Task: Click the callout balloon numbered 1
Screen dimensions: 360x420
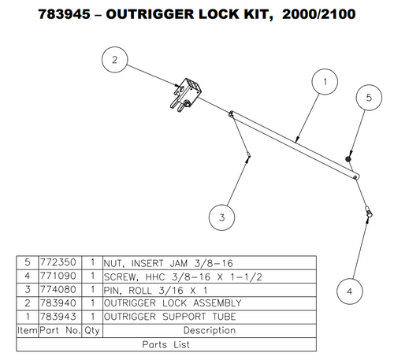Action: [x=324, y=81]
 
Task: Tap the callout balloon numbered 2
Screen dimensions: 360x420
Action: [x=115, y=60]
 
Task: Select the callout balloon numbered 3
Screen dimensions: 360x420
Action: [x=222, y=217]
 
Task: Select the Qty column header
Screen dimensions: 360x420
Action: [x=93, y=331]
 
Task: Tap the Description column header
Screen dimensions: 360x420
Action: [x=210, y=331]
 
